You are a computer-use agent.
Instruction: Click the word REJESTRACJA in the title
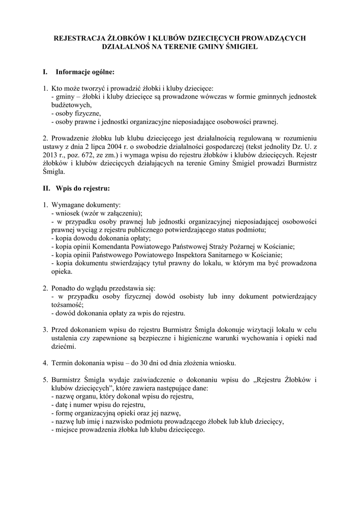coord(75,38)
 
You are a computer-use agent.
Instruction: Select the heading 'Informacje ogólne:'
coord(85,72)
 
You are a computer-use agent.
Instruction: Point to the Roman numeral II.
coord(46,189)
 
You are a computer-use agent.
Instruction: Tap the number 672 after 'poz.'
coord(94,156)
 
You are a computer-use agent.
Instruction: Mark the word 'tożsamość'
coord(67,305)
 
